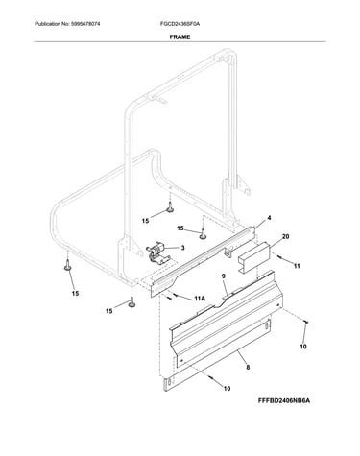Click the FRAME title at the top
click(180, 37)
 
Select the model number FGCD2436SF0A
click(180, 24)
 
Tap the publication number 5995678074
click(84, 24)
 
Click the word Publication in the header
click(48, 24)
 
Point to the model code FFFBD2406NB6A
click(284, 400)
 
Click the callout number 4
click(269, 218)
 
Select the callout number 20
click(285, 237)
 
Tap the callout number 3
click(182, 248)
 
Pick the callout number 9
click(224, 276)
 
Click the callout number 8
click(248, 368)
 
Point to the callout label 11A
click(200, 299)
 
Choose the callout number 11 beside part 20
click(297, 266)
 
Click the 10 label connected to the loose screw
click(303, 347)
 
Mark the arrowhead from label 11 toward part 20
click(277, 256)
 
